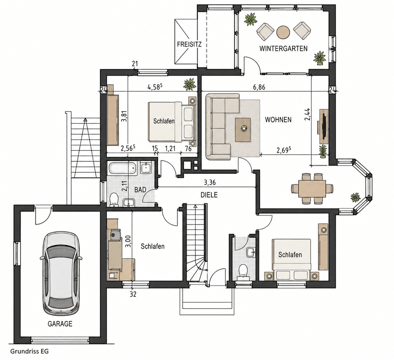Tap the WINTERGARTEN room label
283,49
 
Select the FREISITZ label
189,45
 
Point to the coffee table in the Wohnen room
243,130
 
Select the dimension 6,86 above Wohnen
259,87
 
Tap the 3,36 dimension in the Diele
210,183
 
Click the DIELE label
209,195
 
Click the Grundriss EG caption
29,351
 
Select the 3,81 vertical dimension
124,116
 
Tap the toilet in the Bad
114,199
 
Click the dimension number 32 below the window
133,294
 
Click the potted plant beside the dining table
355,197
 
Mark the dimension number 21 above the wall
135,64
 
